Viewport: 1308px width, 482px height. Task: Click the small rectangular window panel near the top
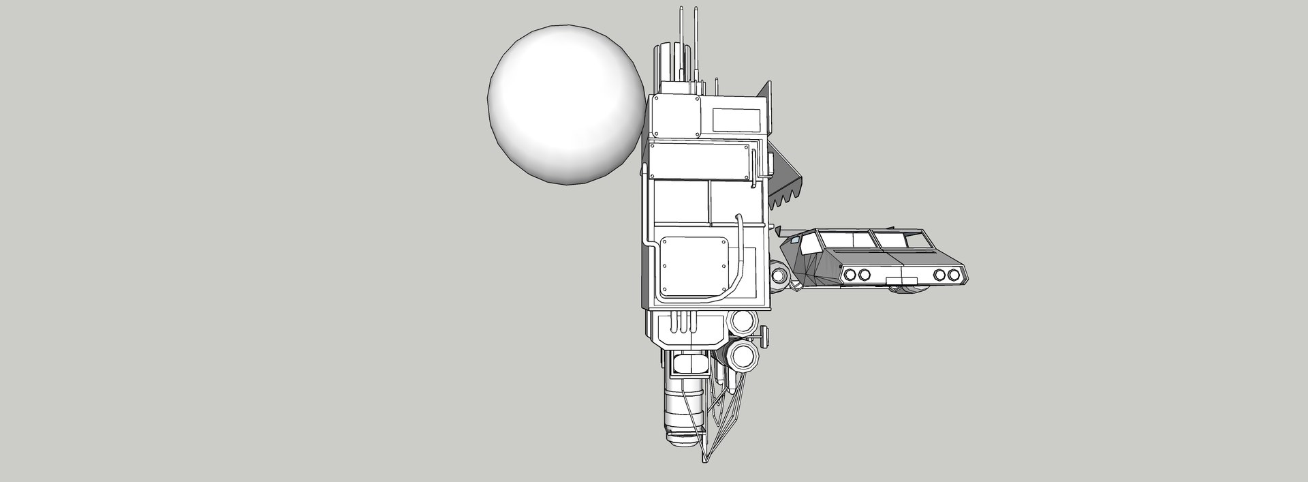click(736, 119)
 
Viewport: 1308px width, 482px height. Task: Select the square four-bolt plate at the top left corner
click(676, 117)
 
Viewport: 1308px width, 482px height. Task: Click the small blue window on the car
click(794, 241)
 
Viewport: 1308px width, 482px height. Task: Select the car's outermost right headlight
click(953, 275)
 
